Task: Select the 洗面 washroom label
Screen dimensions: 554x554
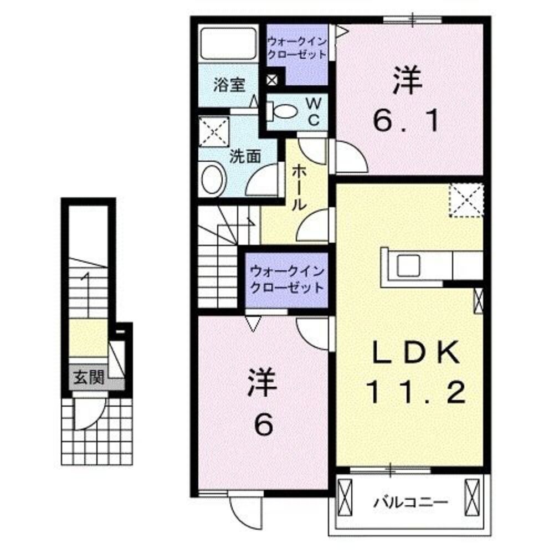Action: point(245,156)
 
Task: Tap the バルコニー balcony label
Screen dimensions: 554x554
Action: point(410,502)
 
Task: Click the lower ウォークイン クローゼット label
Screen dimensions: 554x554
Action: point(286,280)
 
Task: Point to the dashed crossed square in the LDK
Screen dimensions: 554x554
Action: point(466,201)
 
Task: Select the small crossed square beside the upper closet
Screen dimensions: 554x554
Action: point(273,79)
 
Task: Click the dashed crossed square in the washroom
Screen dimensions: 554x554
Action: point(214,131)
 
